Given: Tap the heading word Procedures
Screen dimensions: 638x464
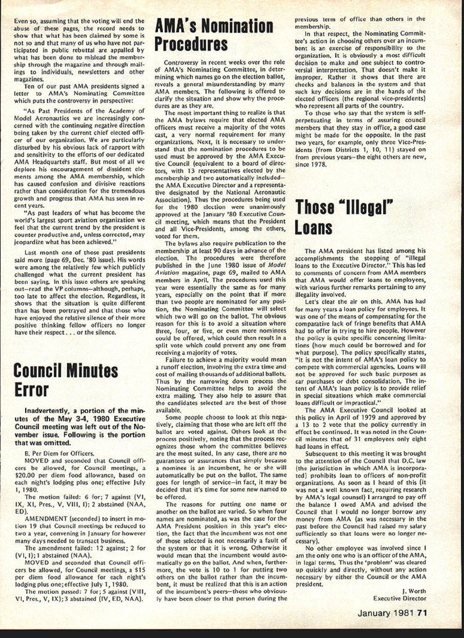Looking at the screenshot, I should pos(191,45).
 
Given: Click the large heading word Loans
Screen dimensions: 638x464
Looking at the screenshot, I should pos(314,228).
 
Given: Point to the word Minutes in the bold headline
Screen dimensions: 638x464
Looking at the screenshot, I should pos(92,371).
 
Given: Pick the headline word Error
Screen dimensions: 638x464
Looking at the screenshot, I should pos(31,390).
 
